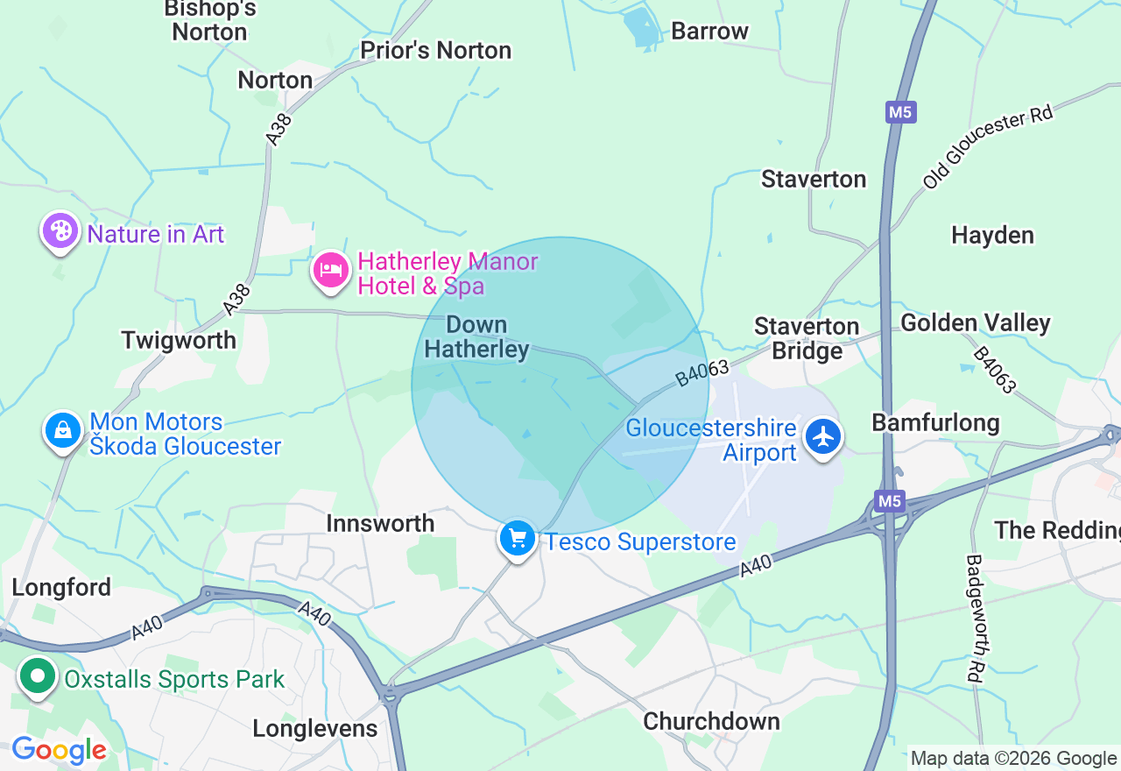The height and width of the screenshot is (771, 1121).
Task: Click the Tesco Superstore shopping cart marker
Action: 518,539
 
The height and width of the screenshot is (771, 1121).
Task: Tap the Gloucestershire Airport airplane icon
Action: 824,436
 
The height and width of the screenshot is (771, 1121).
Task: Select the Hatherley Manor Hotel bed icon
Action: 330,270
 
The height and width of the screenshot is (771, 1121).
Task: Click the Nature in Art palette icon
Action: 60,231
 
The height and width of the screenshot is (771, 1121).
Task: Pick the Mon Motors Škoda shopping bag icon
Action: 63,430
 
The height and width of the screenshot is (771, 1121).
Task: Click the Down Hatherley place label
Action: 476,337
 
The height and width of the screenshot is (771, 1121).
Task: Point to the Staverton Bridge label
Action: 807,339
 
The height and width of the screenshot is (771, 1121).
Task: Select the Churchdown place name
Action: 711,721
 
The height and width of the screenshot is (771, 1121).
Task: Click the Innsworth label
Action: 380,523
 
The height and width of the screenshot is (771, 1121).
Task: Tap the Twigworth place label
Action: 179,340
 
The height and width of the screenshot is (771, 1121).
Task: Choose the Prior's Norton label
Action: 436,51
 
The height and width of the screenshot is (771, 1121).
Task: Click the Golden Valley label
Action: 975,322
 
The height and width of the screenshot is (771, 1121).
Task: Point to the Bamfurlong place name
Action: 935,422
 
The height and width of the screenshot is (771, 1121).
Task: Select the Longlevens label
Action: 315,728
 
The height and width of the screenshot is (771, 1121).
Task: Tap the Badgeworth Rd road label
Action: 974,618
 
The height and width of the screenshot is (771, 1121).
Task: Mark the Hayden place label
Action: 992,235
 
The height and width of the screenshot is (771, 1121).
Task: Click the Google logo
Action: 59,750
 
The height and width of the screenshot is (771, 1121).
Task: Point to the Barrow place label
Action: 709,32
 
